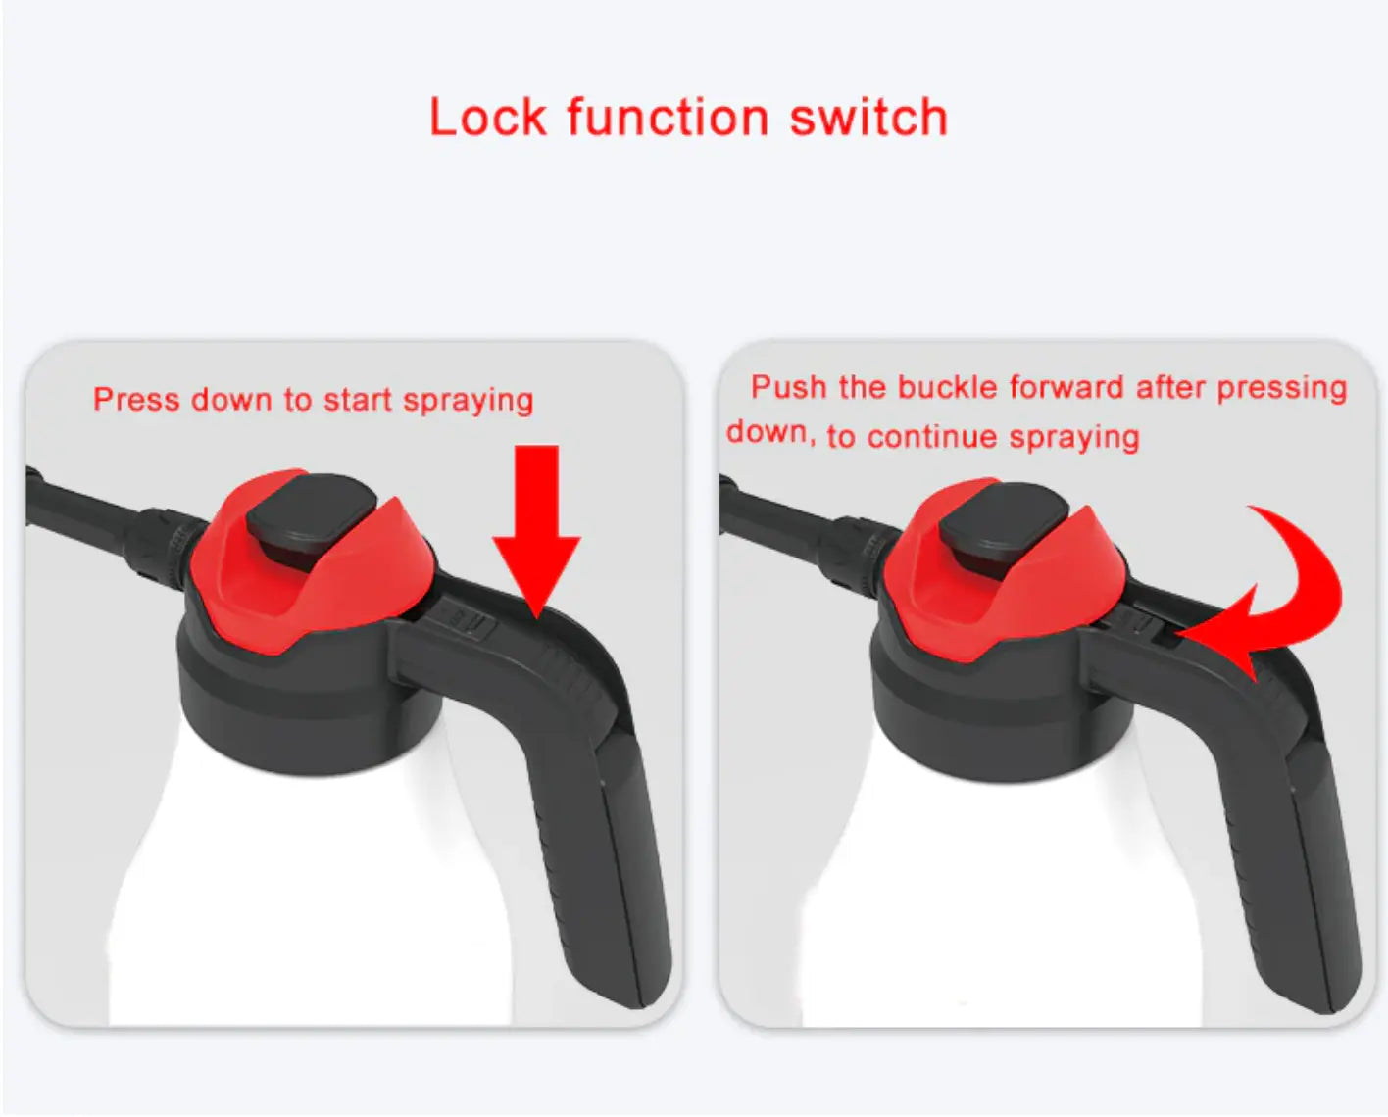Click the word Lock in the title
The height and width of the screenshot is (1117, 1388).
pyautogui.click(x=487, y=118)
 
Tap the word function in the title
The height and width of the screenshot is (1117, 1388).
pyautogui.click(x=669, y=118)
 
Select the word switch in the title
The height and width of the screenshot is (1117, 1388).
pyautogui.click(x=868, y=118)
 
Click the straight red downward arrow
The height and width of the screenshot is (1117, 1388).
pyautogui.click(x=536, y=530)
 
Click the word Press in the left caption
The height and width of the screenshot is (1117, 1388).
pyautogui.click(x=136, y=399)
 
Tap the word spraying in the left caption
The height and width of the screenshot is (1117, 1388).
pyautogui.click(x=469, y=401)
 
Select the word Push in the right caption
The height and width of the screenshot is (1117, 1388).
pyautogui.click(x=789, y=387)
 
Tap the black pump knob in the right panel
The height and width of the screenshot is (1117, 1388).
pyautogui.click(x=1003, y=520)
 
